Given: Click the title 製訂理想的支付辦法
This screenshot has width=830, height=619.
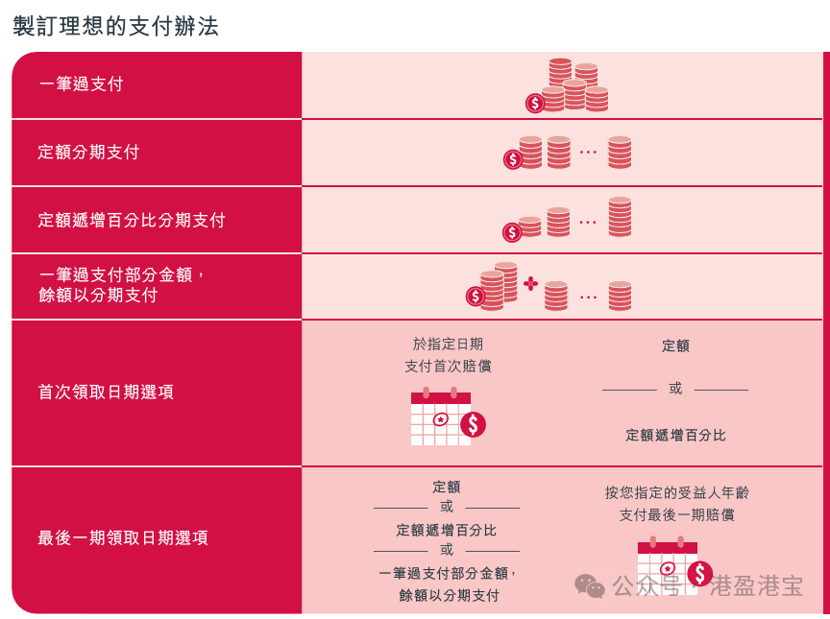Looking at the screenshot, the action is [115, 27].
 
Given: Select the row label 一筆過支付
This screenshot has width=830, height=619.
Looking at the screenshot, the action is [81, 84].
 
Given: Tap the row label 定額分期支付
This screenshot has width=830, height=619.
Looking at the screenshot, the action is [88, 153].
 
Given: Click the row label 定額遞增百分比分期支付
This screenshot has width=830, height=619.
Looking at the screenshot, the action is [132, 220].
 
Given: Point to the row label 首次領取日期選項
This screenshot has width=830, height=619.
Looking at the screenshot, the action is [106, 393].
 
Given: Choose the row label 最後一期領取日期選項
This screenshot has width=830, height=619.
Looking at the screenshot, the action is [123, 538].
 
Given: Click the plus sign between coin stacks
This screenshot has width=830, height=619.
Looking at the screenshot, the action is [530, 284].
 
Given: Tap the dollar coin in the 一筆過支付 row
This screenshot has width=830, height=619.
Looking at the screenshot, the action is [535, 103].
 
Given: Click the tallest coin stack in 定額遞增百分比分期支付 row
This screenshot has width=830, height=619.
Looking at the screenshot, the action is [620, 216].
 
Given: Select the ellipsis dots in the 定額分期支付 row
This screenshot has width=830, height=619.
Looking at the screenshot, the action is [588, 153].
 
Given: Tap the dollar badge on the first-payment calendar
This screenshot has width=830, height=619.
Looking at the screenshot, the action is [473, 424].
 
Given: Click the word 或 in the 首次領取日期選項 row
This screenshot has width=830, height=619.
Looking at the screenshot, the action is [675, 389].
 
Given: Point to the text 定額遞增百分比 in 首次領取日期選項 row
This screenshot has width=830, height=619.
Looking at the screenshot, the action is [675, 436].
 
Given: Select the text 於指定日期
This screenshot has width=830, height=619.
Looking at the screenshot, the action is [448, 345].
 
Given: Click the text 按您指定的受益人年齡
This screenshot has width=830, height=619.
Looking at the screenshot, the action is [677, 492].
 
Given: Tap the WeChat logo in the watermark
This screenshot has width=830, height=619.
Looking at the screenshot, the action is [590, 586].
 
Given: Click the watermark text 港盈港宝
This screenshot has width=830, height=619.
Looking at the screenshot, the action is [756, 586].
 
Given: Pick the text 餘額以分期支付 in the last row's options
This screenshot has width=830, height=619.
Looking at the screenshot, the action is [449, 596].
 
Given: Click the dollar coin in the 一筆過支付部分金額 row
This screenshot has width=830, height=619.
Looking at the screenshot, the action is [476, 297].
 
